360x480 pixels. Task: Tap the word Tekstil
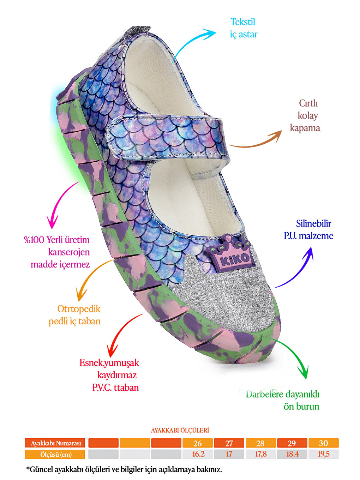click(x=243, y=22)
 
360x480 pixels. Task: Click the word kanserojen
click(x=69, y=252)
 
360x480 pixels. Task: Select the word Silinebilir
click(x=313, y=223)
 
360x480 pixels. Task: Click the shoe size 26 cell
click(x=198, y=443)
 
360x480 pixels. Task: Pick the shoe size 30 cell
click(x=324, y=443)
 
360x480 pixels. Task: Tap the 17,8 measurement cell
click(x=260, y=454)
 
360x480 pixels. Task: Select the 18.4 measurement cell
click(x=292, y=454)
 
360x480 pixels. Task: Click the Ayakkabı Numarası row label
click(x=55, y=443)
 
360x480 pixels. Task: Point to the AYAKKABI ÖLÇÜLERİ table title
click(x=180, y=430)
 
